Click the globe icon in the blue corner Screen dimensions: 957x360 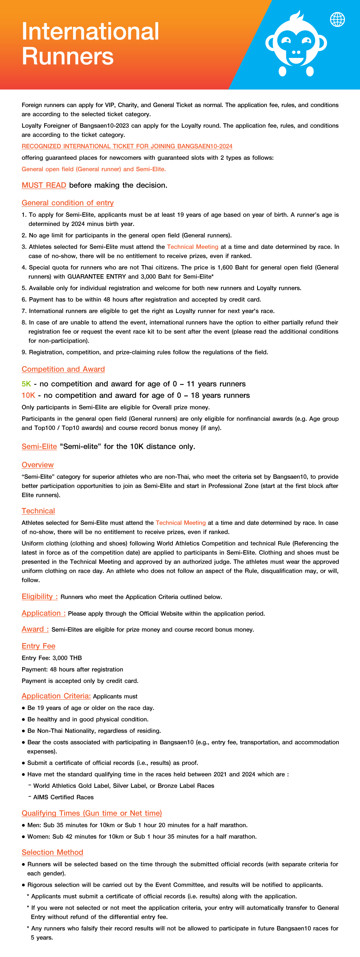pyautogui.click(x=337, y=19)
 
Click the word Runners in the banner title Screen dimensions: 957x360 pyautogui.click(x=68, y=57)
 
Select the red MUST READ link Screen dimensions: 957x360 pyautogui.click(x=44, y=185)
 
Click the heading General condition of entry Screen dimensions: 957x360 pyautogui.click(x=68, y=203)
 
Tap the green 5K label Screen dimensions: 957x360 pyautogui.click(x=26, y=384)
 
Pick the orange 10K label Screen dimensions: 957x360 pyautogui.click(x=28, y=395)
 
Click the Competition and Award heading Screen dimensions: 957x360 pyautogui.click(x=63, y=369)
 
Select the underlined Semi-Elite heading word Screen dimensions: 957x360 pyautogui.click(x=39, y=446)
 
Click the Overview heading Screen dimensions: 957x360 pyautogui.click(x=38, y=465)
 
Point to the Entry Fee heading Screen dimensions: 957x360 pyautogui.click(x=38, y=646)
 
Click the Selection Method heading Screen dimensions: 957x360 pyautogui.click(x=52, y=852)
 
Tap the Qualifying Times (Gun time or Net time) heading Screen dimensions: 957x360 pyautogui.click(x=92, y=813)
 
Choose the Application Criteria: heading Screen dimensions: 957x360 pyautogui.click(x=56, y=696)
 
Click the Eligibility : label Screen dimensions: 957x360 pyautogui.click(x=39, y=596)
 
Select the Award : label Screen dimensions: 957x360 pyautogui.click(x=35, y=629)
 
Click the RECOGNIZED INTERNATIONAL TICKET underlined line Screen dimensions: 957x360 pyautogui.click(x=127, y=146)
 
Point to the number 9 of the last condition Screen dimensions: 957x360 pyautogui.click(x=24, y=352)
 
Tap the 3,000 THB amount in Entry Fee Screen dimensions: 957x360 pyautogui.click(x=67, y=658)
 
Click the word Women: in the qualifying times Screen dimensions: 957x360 pyautogui.click(x=39, y=836)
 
